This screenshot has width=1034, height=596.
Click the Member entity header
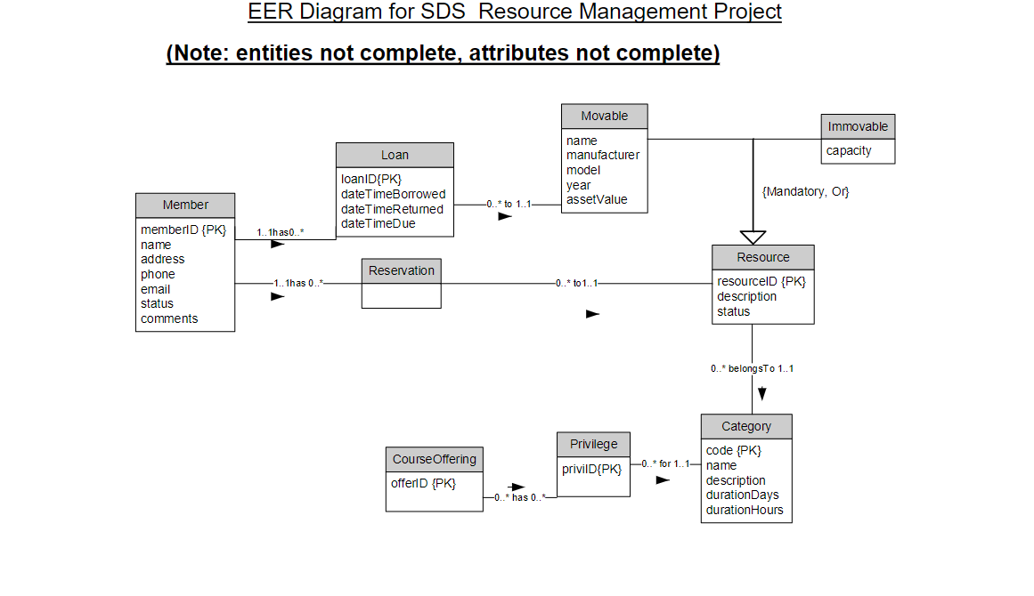(x=185, y=205)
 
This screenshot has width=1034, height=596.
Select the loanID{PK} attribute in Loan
(x=371, y=179)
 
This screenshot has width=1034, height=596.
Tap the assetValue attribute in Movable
(x=597, y=199)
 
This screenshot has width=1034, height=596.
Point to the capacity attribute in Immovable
(x=849, y=150)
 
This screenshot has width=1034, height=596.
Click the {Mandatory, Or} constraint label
(x=805, y=191)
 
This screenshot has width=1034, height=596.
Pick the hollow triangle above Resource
(x=753, y=237)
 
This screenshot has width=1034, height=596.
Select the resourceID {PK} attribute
(x=761, y=281)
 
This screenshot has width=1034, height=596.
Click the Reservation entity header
(x=401, y=270)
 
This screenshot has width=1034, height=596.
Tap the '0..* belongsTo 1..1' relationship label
(x=752, y=368)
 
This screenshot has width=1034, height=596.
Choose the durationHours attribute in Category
(x=745, y=510)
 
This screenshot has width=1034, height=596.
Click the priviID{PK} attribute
(x=591, y=469)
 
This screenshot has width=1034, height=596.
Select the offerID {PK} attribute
(x=423, y=483)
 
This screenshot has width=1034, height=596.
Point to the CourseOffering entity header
(x=435, y=460)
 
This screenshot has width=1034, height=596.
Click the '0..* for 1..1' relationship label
(x=665, y=463)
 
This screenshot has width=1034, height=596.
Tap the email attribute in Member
(x=155, y=289)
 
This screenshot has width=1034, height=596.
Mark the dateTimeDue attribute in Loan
(x=378, y=223)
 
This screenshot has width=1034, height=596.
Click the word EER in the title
(x=269, y=12)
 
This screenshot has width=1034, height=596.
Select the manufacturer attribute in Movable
(x=602, y=155)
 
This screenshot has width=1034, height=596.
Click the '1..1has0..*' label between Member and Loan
(x=281, y=232)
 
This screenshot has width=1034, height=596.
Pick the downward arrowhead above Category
(x=762, y=393)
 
